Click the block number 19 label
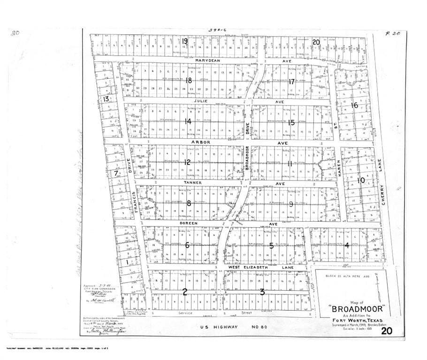tap(185, 41)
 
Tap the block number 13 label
tap(106, 99)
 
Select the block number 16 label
tap(355, 105)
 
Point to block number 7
tap(116, 173)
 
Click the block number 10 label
tap(361, 180)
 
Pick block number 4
tap(347, 245)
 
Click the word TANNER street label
tap(192, 183)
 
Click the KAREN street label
tap(338, 168)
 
